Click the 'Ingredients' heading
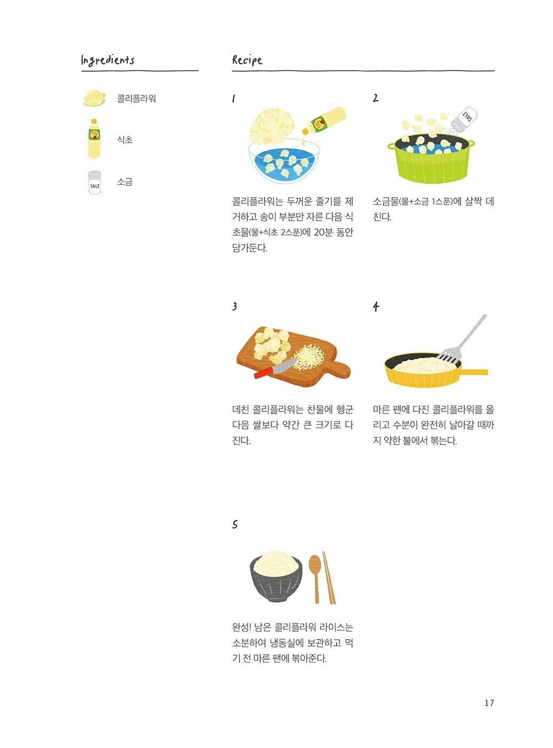tap(108, 60)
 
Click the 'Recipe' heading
tap(247, 60)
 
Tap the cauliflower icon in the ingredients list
tap(94, 98)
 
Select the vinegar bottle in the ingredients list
tap(94, 138)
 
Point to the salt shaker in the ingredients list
tap(94, 183)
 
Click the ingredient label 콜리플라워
tap(136, 99)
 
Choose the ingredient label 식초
tap(125, 140)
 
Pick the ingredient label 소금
tap(125, 182)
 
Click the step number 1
tap(233, 99)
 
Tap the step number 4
tap(376, 307)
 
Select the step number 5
tap(235, 525)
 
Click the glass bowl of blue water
tap(284, 163)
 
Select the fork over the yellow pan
tap(463, 340)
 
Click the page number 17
tap(489, 703)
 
